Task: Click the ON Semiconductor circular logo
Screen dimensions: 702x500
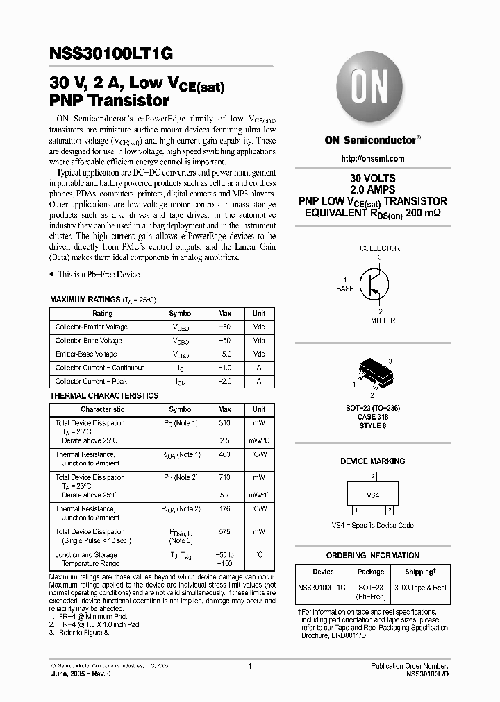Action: pos(372,90)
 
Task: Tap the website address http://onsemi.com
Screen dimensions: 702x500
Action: pos(373,159)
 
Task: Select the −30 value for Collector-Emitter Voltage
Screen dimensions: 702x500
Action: pos(224,327)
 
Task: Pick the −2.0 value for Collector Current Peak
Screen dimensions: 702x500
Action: pos(224,382)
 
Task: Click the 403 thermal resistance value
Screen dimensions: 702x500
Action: pos(224,454)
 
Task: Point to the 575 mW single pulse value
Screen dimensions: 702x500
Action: pos(224,531)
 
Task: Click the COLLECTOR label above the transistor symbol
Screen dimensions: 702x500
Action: pos(379,248)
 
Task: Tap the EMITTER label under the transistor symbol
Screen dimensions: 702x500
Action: pos(381,320)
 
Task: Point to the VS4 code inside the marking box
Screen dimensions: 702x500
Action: pos(373,495)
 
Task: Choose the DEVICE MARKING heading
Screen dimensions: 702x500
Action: pos(372,461)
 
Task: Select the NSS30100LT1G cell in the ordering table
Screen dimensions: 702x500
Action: pos(323,587)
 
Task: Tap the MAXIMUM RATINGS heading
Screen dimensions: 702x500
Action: pos(85,300)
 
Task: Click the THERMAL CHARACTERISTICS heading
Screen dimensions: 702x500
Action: pos(104,396)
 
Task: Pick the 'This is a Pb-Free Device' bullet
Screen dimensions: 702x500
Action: pos(98,275)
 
